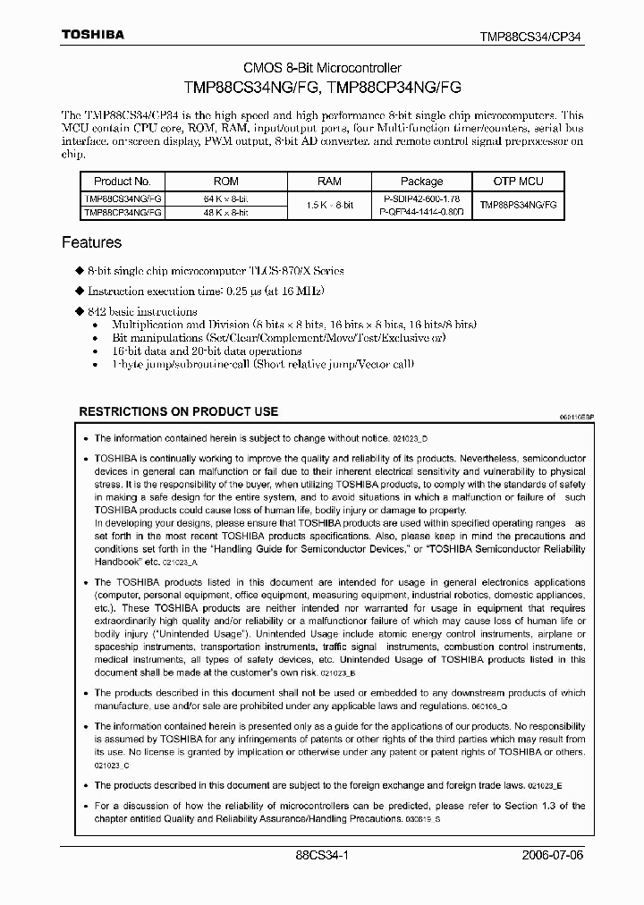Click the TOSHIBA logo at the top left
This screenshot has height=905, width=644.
coord(93,35)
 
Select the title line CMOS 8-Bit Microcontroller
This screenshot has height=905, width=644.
coord(322,68)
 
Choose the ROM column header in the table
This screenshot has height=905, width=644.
coord(226,181)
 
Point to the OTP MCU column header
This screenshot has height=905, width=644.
coord(518,181)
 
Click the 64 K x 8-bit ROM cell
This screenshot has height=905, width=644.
coord(226,197)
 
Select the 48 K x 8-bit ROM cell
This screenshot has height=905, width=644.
coord(226,212)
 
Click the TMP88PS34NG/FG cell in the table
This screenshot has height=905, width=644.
coord(518,205)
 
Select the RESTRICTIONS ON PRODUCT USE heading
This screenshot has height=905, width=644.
coord(179,411)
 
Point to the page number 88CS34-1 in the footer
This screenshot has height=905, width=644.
coord(322,855)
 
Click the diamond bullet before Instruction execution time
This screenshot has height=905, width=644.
coord(79,292)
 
